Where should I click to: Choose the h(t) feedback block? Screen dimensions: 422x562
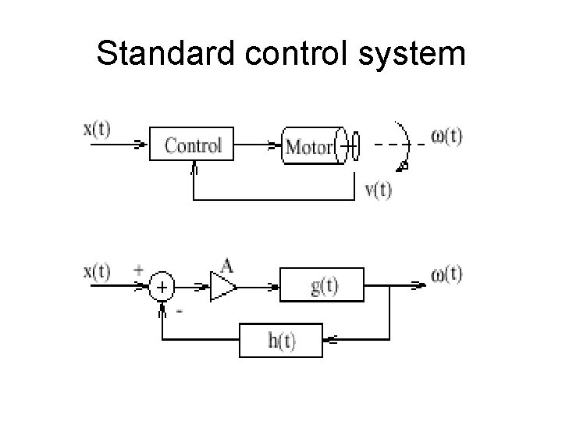coord(281,342)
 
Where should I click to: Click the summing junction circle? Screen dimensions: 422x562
coord(162,288)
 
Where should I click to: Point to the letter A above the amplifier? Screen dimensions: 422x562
coord(226,266)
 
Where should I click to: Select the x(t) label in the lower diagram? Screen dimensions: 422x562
coord(98,274)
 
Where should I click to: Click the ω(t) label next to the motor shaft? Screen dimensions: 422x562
coord(447,136)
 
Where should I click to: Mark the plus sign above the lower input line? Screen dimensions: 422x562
coord(139,268)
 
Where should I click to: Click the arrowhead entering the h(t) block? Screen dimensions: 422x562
coord(329,342)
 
